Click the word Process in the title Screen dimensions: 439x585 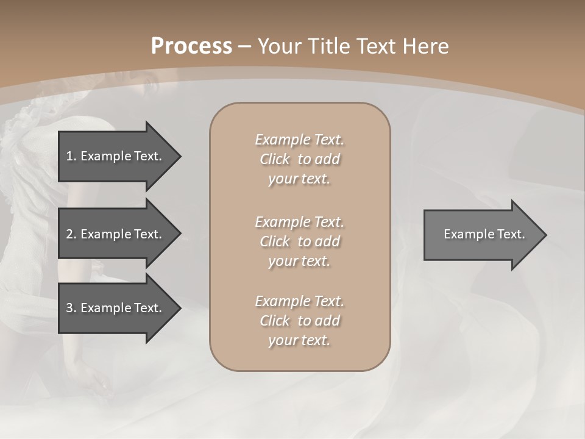coord(191,46)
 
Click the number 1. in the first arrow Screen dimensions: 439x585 coord(71,156)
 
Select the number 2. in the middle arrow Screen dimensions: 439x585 coord(71,234)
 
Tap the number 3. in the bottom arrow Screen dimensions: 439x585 coord(71,308)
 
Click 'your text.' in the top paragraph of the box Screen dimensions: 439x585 coord(299,179)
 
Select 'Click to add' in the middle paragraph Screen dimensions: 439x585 coord(299,241)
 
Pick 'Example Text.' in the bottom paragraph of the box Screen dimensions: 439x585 coord(299,301)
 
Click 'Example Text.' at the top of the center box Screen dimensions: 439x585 coord(299,140)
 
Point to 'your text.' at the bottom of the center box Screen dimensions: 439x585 coord(299,341)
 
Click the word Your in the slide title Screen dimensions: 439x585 coord(278,46)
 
